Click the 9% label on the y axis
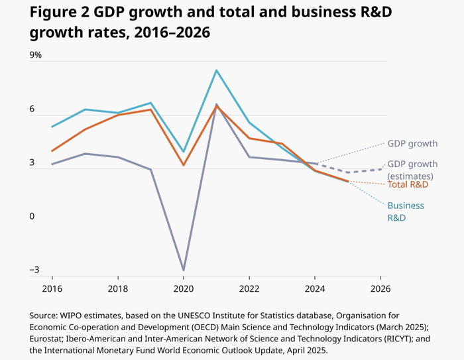click(x=34, y=55)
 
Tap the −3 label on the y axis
click(x=33, y=270)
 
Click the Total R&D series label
click(x=408, y=184)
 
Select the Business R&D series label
click(x=406, y=211)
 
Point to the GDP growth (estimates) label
click(x=412, y=170)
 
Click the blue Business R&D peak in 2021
click(x=216, y=70)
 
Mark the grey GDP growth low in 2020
click(x=184, y=270)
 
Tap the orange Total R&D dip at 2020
click(x=184, y=164)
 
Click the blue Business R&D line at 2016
click(x=52, y=126)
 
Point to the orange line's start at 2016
click(x=52, y=150)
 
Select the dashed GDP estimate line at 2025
click(x=348, y=172)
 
